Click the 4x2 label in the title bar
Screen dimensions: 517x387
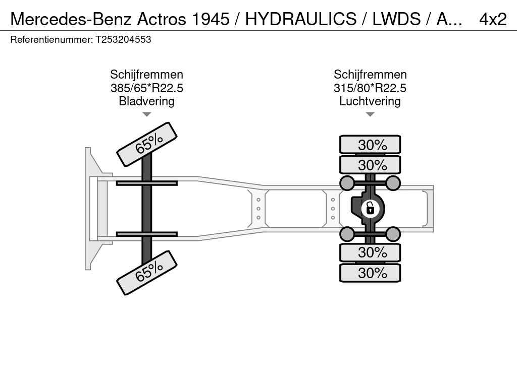point(493,19)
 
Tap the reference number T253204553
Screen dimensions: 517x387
point(123,39)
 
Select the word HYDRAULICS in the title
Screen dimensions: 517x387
point(301,19)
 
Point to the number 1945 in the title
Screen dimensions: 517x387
point(211,19)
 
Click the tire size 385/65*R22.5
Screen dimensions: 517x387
point(147,88)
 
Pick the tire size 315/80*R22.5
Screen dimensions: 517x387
point(370,88)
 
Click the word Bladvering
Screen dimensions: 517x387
point(147,101)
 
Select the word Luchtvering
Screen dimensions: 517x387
point(370,101)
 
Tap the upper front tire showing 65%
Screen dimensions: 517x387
point(147,144)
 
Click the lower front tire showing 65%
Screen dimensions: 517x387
point(147,273)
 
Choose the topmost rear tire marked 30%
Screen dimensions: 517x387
point(370,145)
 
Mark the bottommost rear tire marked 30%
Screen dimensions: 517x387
point(370,273)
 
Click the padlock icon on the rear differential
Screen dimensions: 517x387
point(370,209)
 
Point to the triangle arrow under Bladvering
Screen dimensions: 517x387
point(147,114)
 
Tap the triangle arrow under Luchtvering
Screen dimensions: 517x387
point(370,114)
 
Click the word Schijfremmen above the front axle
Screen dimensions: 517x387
point(147,75)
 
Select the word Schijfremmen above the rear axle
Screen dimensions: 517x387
point(370,75)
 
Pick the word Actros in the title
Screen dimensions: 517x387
point(162,19)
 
